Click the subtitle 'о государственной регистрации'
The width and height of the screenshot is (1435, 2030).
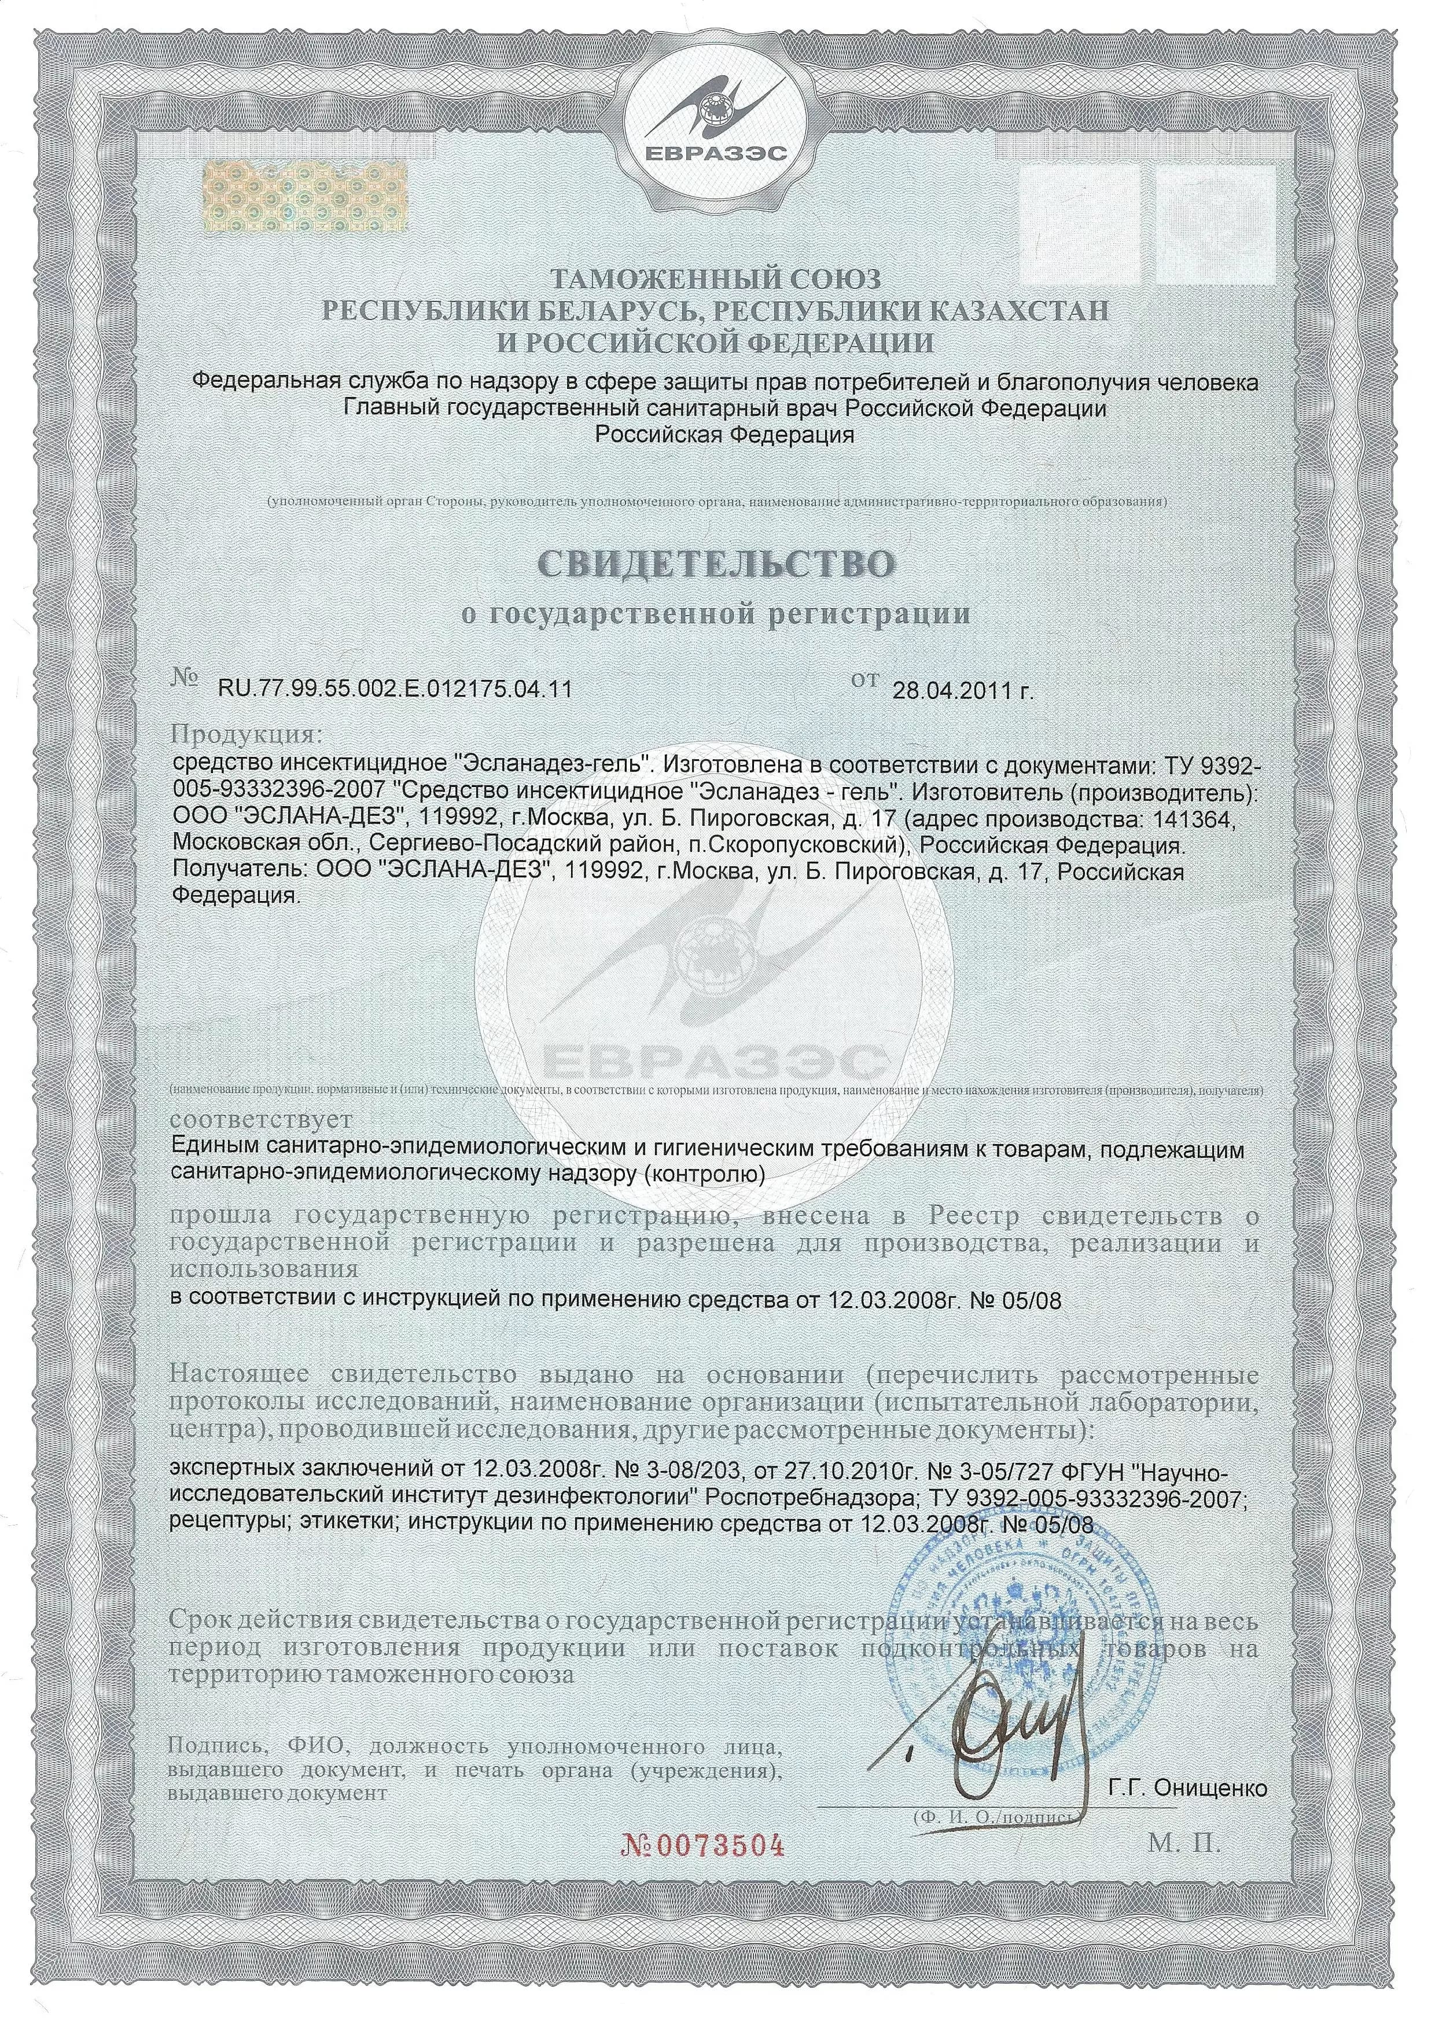pyautogui.click(x=717, y=613)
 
